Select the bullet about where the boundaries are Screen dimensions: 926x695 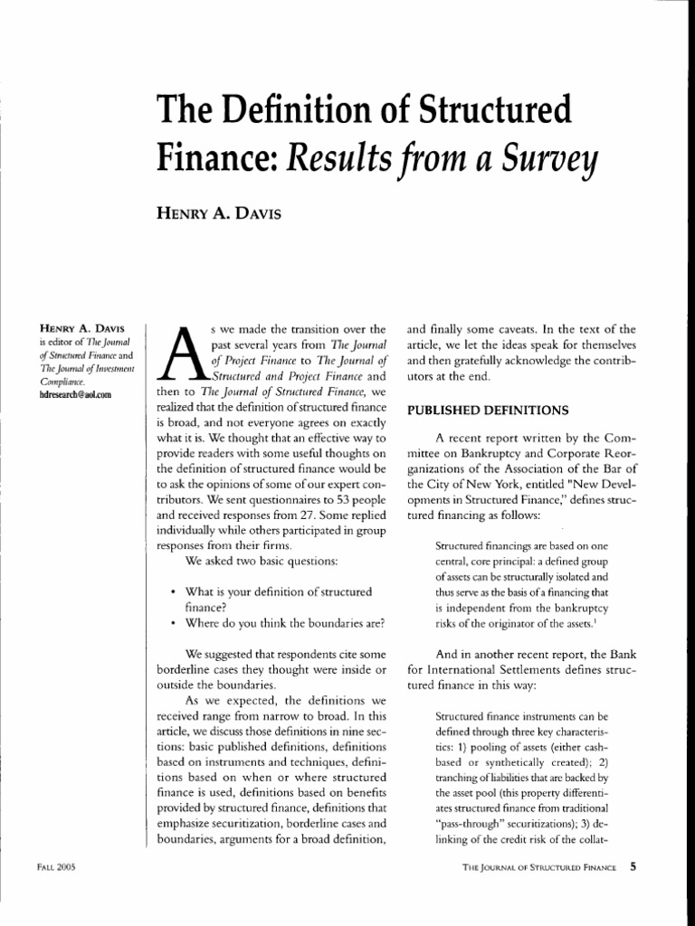tap(285, 623)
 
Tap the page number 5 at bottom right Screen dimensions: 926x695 tap(634, 867)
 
